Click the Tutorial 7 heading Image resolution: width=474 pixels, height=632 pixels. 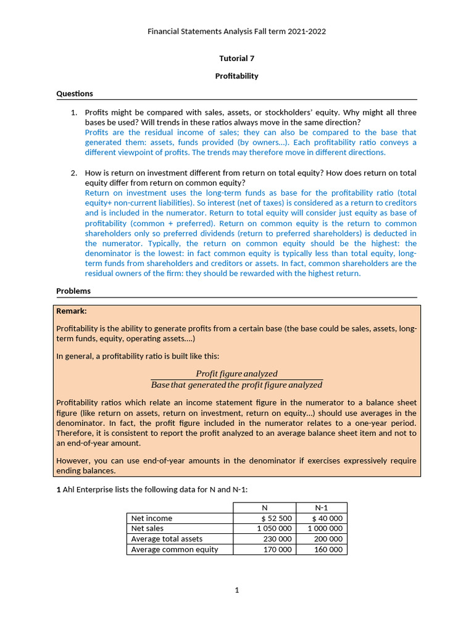[x=236, y=59]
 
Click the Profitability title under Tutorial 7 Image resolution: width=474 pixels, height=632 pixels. [x=236, y=76]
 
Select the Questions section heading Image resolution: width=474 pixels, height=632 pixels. [x=75, y=94]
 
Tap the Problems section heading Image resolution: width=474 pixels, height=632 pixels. [x=73, y=291]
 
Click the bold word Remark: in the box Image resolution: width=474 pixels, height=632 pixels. [x=72, y=311]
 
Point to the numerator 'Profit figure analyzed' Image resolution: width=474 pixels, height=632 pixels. [x=236, y=373]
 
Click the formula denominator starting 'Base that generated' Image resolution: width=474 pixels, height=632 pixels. [x=236, y=385]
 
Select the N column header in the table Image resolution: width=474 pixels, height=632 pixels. [x=264, y=507]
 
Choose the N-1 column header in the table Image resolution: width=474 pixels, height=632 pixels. [x=321, y=507]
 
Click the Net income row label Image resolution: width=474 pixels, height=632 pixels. [x=152, y=518]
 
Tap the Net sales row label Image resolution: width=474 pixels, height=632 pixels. [x=148, y=529]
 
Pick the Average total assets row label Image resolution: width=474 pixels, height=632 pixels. [x=167, y=539]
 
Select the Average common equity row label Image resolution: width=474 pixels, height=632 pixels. [x=175, y=549]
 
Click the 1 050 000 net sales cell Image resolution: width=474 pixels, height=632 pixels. [x=274, y=529]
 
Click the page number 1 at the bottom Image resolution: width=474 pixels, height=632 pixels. [x=236, y=590]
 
